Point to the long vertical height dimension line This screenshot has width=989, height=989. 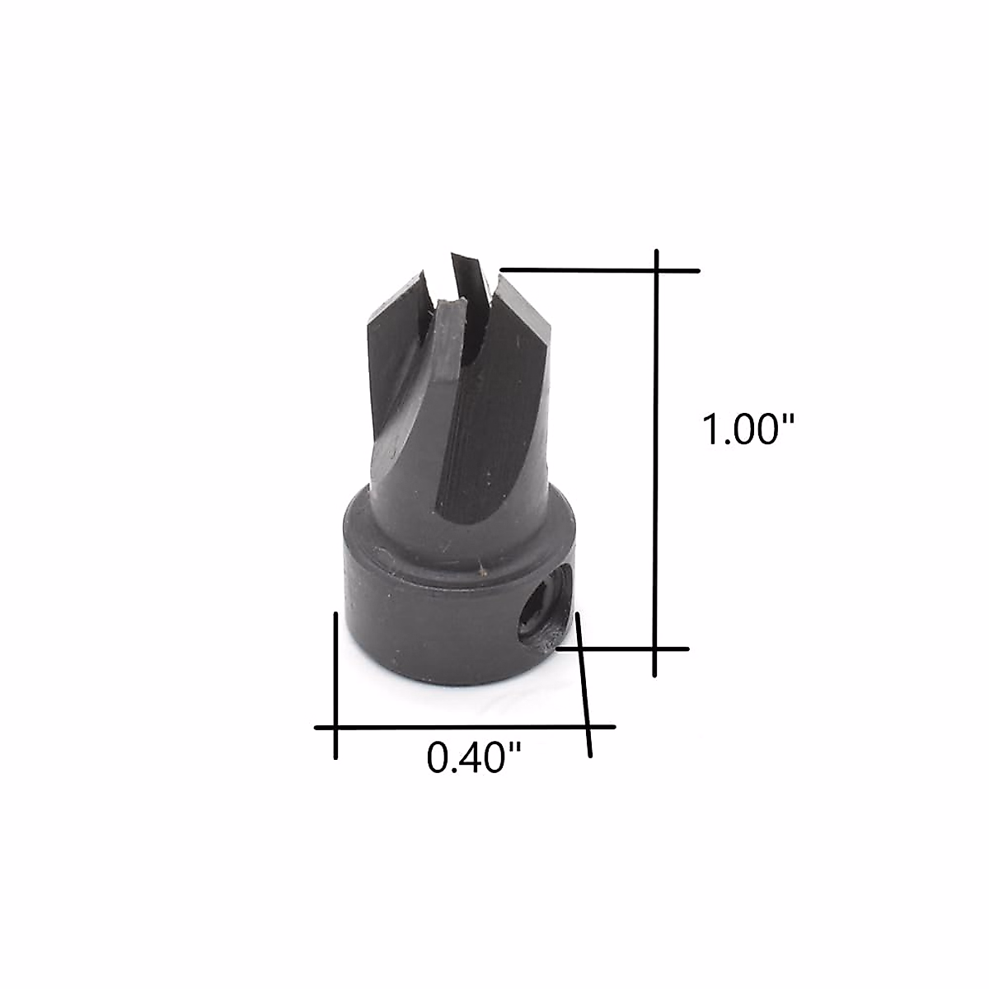656,462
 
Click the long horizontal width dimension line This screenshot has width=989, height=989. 462,727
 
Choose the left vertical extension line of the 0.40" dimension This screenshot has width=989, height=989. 335,684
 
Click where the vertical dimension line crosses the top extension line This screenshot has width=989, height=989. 656,270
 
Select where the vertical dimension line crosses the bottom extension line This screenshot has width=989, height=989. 656,649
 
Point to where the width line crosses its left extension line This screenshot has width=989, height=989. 335,727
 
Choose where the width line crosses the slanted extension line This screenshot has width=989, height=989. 588,727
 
